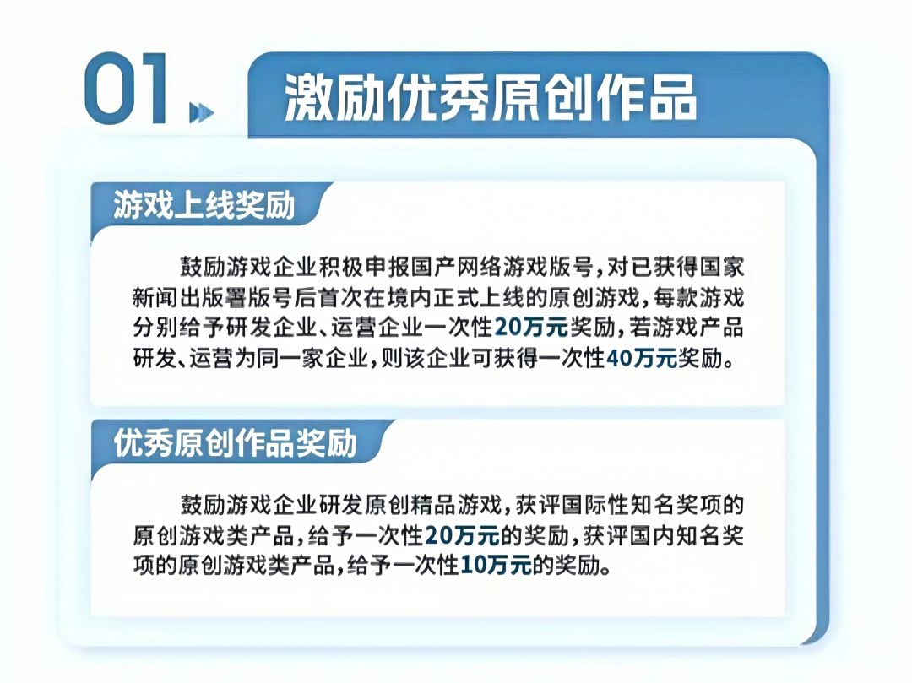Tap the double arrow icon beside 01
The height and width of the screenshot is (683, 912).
tap(202, 112)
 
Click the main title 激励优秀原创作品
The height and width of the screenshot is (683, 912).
tap(491, 98)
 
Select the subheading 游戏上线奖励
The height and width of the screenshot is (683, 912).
tap(204, 204)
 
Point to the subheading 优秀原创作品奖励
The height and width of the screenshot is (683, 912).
tap(235, 443)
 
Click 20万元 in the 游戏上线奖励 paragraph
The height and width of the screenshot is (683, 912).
tap(530, 328)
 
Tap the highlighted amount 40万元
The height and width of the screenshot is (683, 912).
tap(642, 358)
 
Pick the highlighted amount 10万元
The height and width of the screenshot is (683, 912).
tap(496, 565)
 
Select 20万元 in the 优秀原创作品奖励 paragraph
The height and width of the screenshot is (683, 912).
tap(462, 534)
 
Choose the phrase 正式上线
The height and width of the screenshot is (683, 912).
tap(475, 298)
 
